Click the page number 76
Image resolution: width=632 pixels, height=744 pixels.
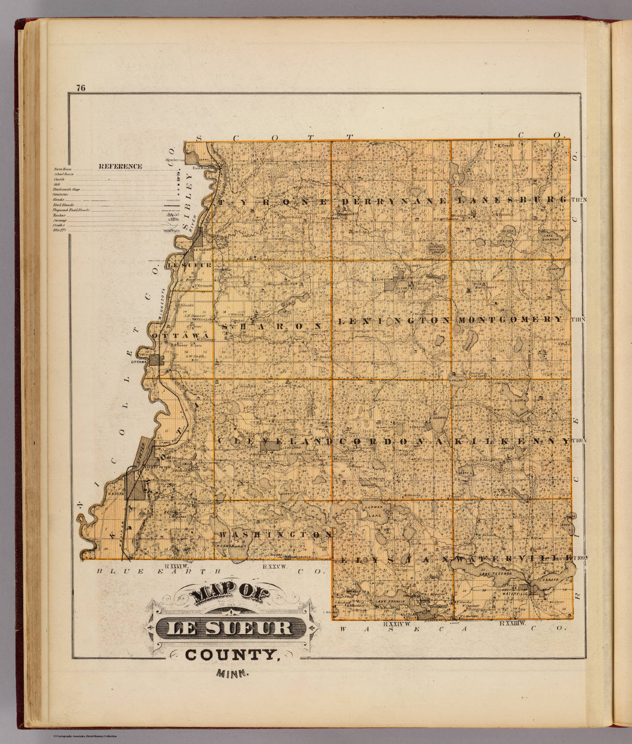coord(80,88)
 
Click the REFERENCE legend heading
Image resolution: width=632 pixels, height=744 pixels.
coord(120,166)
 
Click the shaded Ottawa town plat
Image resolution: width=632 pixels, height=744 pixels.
coord(157,360)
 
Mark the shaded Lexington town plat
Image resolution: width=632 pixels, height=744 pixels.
coord(391,285)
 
